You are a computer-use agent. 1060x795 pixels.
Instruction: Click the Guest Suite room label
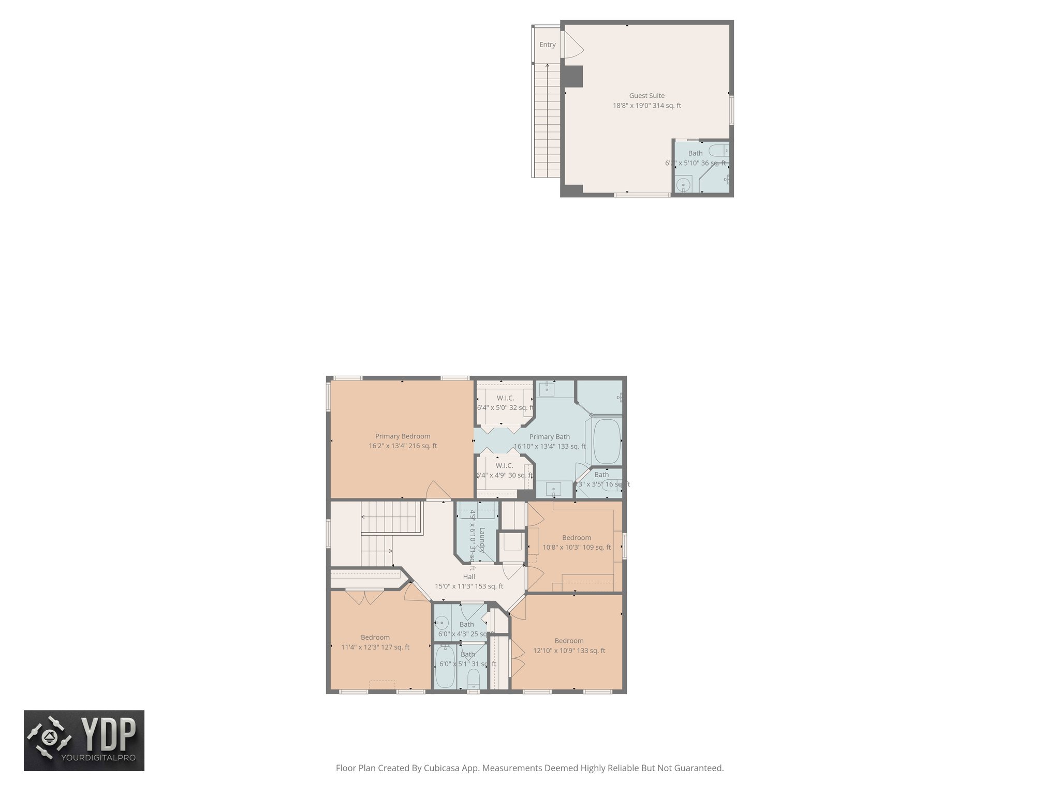[646, 96]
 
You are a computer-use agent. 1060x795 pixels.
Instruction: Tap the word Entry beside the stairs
[547, 45]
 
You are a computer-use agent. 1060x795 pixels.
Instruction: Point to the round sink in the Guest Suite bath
[684, 184]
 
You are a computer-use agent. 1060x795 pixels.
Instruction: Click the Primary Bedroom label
[402, 436]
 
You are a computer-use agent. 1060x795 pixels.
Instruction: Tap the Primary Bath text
[549, 437]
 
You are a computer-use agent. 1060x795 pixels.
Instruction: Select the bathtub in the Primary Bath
[606, 441]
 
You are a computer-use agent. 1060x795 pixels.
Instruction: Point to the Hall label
[468, 577]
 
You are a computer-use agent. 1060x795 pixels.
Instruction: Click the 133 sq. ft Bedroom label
[569, 641]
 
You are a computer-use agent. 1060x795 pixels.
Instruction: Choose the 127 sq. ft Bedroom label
[375, 638]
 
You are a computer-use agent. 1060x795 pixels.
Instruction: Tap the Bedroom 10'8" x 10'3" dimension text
[576, 548]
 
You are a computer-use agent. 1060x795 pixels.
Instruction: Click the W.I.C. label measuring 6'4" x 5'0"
[505, 398]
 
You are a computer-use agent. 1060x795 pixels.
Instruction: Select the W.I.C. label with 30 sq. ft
[504, 466]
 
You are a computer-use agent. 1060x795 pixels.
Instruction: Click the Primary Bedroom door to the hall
[438, 491]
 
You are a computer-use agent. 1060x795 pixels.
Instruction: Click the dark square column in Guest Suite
[573, 76]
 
